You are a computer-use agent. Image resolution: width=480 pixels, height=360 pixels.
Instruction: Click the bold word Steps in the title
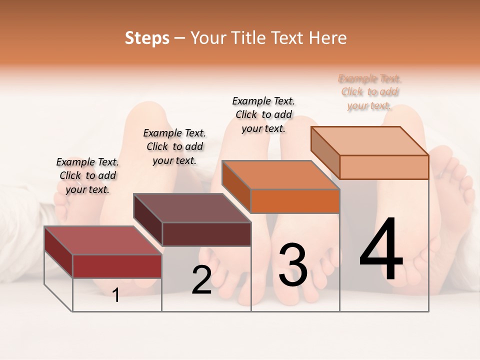(147, 38)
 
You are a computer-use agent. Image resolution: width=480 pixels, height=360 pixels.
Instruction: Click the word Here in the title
(328, 38)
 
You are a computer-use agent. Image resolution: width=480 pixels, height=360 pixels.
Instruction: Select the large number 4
(381, 249)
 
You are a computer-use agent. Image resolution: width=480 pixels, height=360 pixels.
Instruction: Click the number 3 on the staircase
(293, 264)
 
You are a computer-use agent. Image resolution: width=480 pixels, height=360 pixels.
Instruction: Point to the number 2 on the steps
(201, 280)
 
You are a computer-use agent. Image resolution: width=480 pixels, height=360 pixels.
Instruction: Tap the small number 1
(116, 295)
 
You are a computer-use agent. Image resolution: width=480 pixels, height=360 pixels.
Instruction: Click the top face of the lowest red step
(102, 240)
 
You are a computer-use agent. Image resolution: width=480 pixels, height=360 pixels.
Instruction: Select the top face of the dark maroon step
(192, 208)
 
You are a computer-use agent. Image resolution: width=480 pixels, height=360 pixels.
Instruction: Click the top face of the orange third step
(280, 175)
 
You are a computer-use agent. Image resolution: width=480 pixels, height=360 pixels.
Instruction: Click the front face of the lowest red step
(117, 266)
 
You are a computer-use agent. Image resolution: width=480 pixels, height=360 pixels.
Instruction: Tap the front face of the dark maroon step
(206, 234)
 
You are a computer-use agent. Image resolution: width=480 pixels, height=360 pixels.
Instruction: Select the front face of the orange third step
(295, 201)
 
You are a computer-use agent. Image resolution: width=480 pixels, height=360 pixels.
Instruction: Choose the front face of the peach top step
(384, 167)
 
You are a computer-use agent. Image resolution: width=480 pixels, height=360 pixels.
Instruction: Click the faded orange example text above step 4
(370, 92)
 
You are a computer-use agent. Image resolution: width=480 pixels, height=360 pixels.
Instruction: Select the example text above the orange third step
(263, 114)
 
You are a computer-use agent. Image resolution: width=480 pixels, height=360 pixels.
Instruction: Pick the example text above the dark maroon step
(174, 146)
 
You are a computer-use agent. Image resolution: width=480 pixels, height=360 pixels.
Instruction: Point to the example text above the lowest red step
(87, 175)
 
